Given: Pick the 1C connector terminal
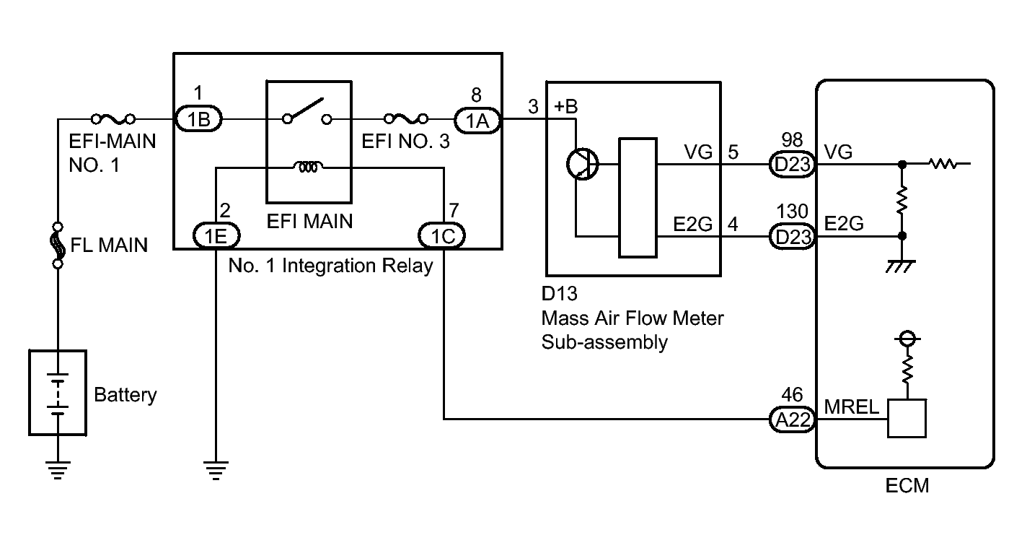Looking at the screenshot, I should [x=442, y=235].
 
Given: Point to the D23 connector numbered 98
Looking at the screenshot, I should [x=792, y=165].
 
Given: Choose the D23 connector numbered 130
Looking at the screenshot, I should [x=792, y=235].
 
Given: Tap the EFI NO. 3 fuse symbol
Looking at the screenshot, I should [x=405, y=118].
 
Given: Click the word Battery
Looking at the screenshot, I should [x=125, y=396].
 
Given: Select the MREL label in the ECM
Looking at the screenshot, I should [x=853, y=407].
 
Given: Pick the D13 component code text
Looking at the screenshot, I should [x=558, y=295].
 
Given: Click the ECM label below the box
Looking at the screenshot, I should [x=907, y=486].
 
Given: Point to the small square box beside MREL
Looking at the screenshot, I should [x=907, y=419].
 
